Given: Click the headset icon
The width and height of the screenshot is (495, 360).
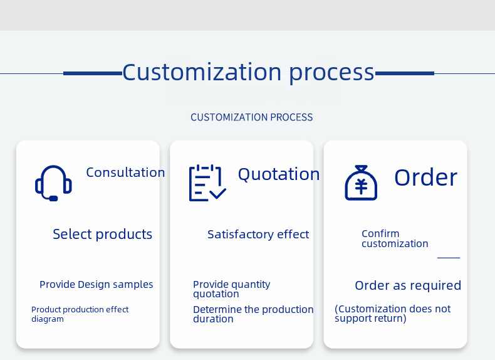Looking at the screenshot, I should (53, 183).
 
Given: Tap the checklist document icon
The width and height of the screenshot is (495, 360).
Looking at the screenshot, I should (207, 183).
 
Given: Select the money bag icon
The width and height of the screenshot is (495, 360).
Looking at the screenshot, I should (361, 183).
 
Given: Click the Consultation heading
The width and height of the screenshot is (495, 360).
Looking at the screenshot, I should (125, 172).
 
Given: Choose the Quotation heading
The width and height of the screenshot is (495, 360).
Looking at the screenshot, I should (279, 174).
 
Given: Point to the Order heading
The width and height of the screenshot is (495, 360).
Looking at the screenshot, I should (425, 177).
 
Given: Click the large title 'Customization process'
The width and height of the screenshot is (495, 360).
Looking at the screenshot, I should (248, 72).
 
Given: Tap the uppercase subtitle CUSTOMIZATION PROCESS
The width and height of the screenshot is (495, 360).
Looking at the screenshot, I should (251, 117).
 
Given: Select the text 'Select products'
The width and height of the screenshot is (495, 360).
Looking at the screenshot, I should (102, 235).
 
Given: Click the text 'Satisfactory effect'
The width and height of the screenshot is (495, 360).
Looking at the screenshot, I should (258, 235).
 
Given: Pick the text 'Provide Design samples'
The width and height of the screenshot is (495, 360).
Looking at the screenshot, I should (96, 285).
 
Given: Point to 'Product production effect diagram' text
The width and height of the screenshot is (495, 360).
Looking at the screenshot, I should (80, 314).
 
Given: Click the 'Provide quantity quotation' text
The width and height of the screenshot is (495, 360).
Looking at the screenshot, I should (231, 289).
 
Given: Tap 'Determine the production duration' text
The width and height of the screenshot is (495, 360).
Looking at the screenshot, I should (253, 314).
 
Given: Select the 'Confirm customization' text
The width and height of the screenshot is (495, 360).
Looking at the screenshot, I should (395, 239).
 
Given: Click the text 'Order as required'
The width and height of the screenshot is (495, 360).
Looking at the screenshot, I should (408, 286).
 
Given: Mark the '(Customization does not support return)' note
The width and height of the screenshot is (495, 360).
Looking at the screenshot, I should (392, 314).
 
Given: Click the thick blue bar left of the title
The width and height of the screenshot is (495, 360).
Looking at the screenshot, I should (93, 73).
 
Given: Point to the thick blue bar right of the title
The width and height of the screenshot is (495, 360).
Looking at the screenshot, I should (404, 73).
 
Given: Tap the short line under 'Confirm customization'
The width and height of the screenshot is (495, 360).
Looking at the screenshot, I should (449, 258).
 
